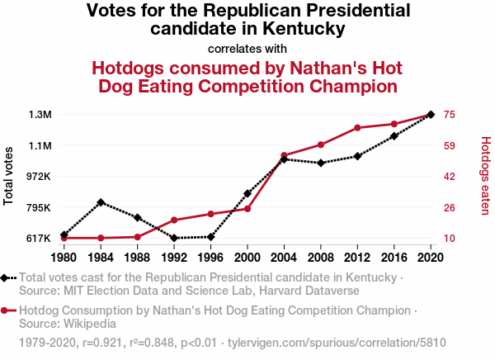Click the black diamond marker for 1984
[100, 202]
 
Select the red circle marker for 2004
[284, 155]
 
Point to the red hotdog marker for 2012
[357, 128]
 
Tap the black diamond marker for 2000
[247, 193]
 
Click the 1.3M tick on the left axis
[39, 114]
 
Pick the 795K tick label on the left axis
[38, 207]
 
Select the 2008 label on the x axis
[320, 256]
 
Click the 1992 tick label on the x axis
[173, 256]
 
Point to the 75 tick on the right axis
[450, 114]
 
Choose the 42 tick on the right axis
[450, 176]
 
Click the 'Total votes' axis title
[10, 177]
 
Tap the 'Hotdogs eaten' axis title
[485, 176]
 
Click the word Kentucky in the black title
[304, 29]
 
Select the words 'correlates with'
[247, 48]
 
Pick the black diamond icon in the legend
[6, 278]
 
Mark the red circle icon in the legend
[6, 310]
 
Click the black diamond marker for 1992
[174, 238]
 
